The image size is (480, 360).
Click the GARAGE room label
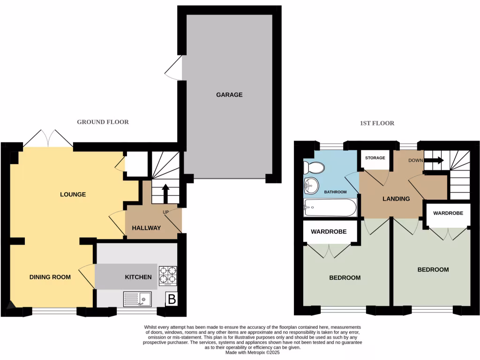pos(229,95)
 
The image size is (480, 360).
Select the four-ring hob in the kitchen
pos(168,276)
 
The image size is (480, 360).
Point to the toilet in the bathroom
pos(314,167)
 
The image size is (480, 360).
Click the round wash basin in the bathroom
pos(311,186)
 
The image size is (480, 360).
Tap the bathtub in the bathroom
pos(330,207)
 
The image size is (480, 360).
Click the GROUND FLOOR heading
pos(103,122)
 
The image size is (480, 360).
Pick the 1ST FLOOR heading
pos(377,123)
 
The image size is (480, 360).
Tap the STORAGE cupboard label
pos(375,158)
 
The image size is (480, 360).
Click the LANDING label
pos(396,199)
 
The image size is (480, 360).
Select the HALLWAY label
pos(146,228)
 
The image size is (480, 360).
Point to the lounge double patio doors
pos(49,137)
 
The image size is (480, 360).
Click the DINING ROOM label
pos(50,277)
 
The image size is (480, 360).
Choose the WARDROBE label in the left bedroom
pos(329,232)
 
